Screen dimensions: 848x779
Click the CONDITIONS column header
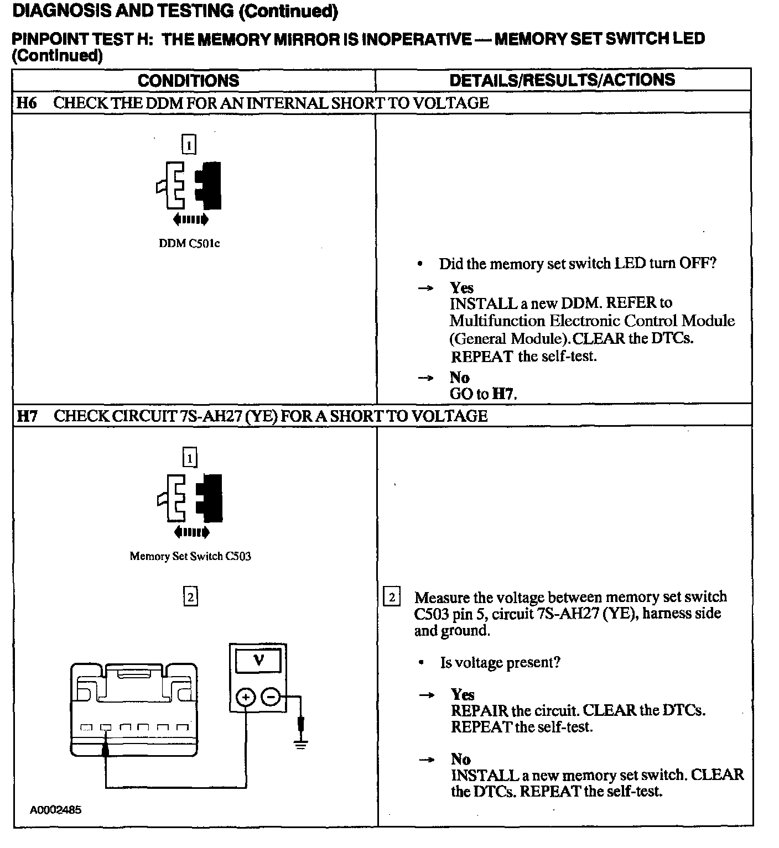click(x=188, y=81)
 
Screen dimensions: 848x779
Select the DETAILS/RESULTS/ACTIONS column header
click(x=562, y=80)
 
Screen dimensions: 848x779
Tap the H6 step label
click(x=27, y=103)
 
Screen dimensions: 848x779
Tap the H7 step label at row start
click(x=27, y=416)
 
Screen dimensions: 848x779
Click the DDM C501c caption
click(x=189, y=243)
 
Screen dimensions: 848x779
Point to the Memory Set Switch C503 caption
click(x=190, y=556)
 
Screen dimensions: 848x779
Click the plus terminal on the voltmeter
click(x=246, y=698)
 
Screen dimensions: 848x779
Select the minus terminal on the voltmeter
click(x=271, y=698)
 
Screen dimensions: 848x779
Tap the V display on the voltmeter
click(x=258, y=661)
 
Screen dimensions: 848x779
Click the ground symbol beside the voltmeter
click(x=300, y=744)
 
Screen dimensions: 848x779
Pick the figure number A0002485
click(x=55, y=810)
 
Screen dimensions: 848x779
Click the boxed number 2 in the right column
click(x=392, y=598)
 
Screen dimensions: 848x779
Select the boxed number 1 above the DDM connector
click(x=189, y=145)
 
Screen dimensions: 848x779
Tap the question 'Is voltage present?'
click(x=500, y=662)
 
